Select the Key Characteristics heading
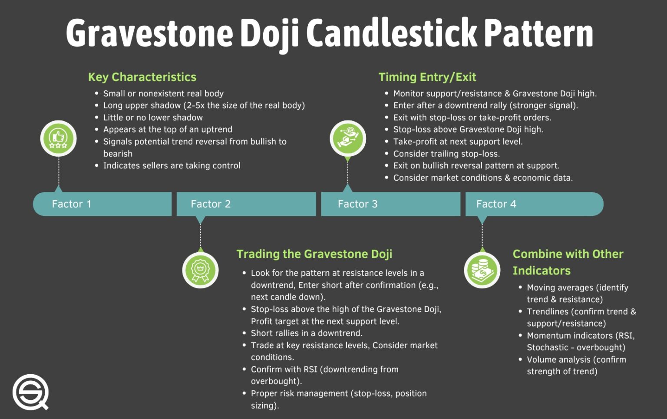click(142, 77)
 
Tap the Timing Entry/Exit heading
click(427, 77)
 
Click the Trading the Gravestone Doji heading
click(314, 254)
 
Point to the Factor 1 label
click(72, 204)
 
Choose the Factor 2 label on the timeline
click(211, 204)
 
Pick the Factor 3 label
click(357, 204)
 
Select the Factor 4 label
click(496, 204)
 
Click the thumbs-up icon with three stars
click(58, 139)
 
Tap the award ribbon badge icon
click(200, 270)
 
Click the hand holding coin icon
click(347, 139)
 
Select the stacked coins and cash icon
click(482, 270)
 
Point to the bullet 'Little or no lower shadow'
click(153, 118)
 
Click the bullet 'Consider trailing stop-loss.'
click(446, 154)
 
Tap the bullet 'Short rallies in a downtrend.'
click(307, 333)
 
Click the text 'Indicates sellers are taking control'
click(172, 165)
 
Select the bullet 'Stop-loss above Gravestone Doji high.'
click(468, 129)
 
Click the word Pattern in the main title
click(538, 33)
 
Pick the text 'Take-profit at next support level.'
click(458, 142)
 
